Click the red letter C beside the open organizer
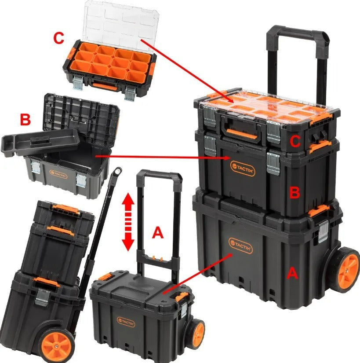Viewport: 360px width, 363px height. coord(58,38)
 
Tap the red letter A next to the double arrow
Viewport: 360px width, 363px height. coord(158,232)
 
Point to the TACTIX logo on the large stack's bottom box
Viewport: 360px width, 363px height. coord(240,246)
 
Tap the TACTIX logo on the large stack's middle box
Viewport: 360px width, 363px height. coord(243,169)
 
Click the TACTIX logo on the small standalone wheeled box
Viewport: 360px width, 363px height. coord(126,322)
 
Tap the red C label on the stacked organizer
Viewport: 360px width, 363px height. coord(295,141)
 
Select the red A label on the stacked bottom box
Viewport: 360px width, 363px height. coord(292,273)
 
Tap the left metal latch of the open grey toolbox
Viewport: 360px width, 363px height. coord(36,167)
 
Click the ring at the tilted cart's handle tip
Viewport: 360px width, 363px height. coord(117,171)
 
